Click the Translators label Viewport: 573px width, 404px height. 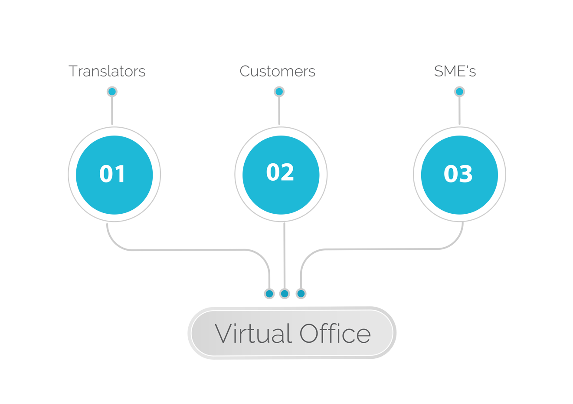point(107,71)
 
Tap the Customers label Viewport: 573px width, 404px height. point(277,71)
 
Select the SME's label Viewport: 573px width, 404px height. point(455,71)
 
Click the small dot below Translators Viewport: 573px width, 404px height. point(112,92)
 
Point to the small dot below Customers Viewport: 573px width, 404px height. point(279,92)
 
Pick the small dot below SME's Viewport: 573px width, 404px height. point(459,92)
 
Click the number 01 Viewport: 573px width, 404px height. point(112,174)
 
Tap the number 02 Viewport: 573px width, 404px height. point(280,172)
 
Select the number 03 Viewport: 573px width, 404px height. point(458,174)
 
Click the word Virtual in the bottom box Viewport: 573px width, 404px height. point(253,333)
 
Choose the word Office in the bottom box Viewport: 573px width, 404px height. point(335,333)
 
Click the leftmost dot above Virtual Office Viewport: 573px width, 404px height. point(269,294)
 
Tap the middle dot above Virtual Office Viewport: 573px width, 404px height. point(285,294)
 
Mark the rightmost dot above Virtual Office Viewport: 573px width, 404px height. point(301,294)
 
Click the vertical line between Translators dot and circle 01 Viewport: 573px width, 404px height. point(112,111)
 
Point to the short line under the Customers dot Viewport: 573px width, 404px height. point(279,111)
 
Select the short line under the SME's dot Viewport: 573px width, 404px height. point(459,111)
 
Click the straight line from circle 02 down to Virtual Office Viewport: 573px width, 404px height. point(285,256)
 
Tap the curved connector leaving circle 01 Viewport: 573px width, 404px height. point(188,250)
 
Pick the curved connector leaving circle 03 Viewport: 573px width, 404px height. point(381,249)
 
